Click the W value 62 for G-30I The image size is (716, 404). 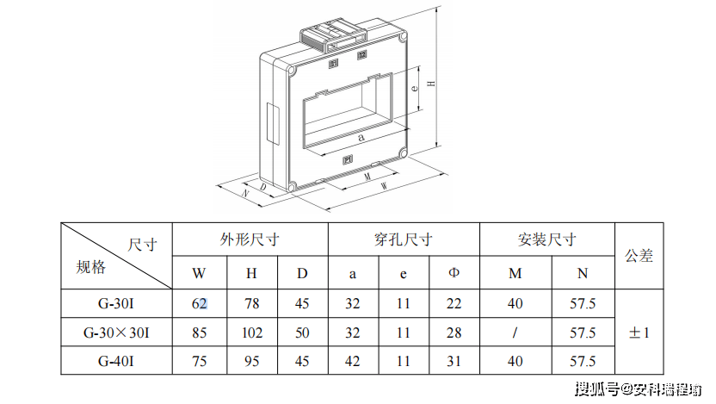pos(200,303)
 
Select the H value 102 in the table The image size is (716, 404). pos(251,333)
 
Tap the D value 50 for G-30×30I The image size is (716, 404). pos(302,333)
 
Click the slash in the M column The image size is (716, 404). pos(515,333)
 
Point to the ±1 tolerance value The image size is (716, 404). pos(639,333)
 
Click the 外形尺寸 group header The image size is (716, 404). pos(250,239)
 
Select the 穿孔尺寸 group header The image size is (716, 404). pos(403,239)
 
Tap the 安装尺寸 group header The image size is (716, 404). pos(547,239)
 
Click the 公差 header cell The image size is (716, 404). pos(639,255)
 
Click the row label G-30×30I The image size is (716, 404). pos(116,333)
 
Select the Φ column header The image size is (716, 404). pos(454,274)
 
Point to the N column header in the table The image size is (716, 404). pos(583,274)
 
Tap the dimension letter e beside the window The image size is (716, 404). pos(415,87)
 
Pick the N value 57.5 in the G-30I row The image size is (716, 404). pos(583,303)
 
